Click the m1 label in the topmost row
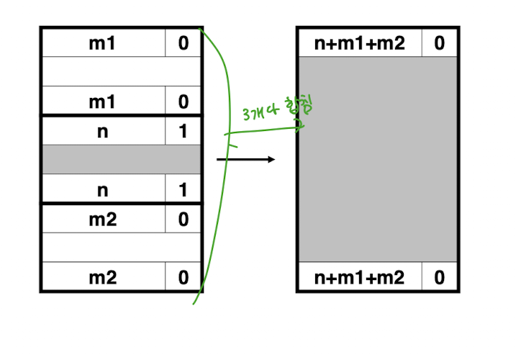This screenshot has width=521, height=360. pyautogui.click(x=102, y=43)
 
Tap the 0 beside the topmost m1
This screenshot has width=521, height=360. pyautogui.click(x=183, y=43)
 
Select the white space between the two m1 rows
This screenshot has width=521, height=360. pyautogui.click(x=121, y=72)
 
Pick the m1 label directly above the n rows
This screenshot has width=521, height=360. pyautogui.click(x=102, y=102)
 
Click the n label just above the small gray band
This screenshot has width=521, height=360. pyautogui.click(x=102, y=131)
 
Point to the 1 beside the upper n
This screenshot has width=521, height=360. pyautogui.click(x=183, y=131)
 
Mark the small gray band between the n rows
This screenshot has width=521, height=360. pyautogui.click(x=121, y=160)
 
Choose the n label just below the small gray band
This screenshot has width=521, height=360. pyautogui.click(x=102, y=190)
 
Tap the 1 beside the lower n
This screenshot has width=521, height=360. pyautogui.click(x=183, y=190)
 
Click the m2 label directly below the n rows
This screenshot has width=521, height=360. pyautogui.click(x=102, y=219)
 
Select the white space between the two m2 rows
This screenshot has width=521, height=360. pyautogui.click(x=121, y=248)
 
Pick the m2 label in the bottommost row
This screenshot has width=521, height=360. pyautogui.click(x=102, y=277)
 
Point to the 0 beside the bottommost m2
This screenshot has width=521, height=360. pyautogui.click(x=183, y=277)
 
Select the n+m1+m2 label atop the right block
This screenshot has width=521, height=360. pyautogui.click(x=360, y=43)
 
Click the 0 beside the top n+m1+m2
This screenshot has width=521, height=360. pyautogui.click(x=439, y=43)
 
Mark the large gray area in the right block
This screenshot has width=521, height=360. pyautogui.click(x=377, y=160)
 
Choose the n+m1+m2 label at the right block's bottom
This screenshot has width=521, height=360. pyautogui.click(x=360, y=277)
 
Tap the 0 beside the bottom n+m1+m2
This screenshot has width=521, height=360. pyautogui.click(x=439, y=277)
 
